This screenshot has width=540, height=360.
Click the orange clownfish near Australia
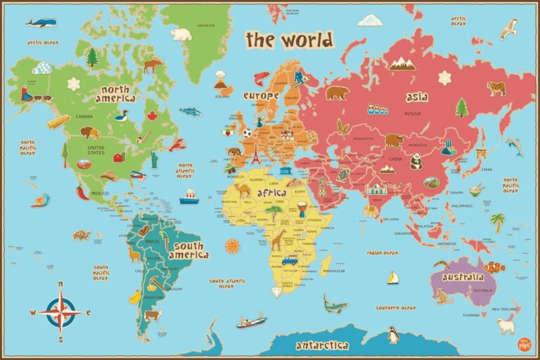[x=494, y=266]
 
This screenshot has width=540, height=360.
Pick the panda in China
[x=416, y=162]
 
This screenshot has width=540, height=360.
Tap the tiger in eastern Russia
[x=496, y=88]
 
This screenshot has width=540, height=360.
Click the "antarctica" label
[x=322, y=345]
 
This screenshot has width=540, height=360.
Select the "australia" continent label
[x=463, y=277]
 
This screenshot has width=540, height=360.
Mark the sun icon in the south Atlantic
[x=232, y=246]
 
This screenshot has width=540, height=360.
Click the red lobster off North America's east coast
[x=177, y=146]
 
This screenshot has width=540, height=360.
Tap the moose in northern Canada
[x=152, y=65]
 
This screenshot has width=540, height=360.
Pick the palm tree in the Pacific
[x=498, y=221]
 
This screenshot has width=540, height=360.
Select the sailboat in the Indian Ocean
[x=392, y=278]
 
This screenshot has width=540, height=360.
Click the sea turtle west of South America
[x=82, y=235]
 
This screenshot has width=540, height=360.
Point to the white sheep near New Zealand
[x=505, y=326]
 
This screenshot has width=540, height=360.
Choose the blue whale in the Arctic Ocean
[x=41, y=22]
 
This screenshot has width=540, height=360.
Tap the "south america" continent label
[x=189, y=251]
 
